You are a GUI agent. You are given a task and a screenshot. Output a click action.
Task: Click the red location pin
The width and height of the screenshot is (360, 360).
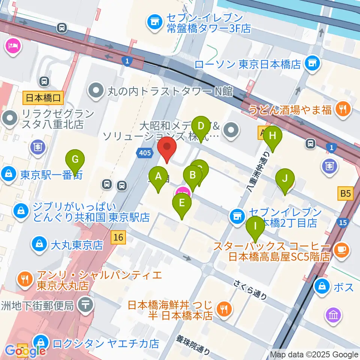167,150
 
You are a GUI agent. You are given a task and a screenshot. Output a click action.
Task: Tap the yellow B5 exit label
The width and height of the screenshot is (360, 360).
345,193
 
